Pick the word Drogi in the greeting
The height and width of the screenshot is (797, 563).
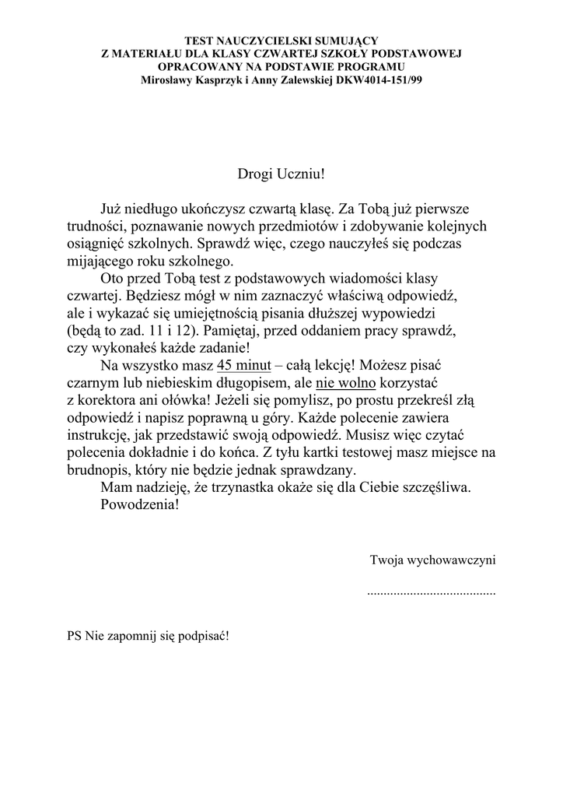point(255,171)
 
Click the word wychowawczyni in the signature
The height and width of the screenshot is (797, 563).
point(455,559)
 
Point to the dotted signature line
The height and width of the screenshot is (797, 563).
point(431,592)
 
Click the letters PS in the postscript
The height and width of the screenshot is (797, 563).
point(74,635)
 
